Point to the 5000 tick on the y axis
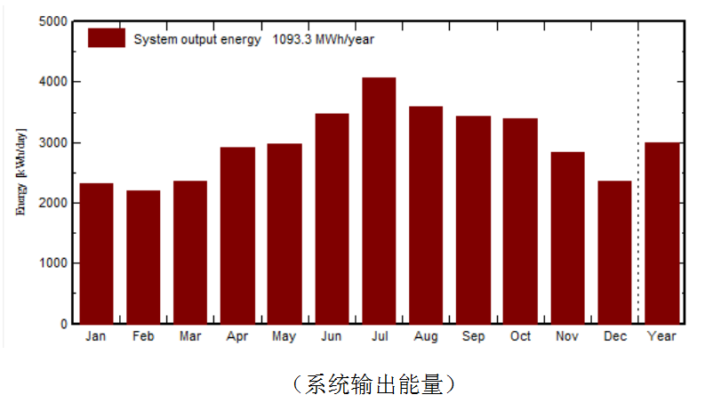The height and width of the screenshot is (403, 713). click(x=52, y=21)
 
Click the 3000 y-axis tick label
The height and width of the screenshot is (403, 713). click(x=52, y=142)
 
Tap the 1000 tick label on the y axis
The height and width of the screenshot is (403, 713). click(x=52, y=263)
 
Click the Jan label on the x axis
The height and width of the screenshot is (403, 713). click(x=96, y=336)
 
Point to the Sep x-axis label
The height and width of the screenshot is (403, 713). click(x=473, y=336)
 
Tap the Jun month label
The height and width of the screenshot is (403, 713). click(x=332, y=336)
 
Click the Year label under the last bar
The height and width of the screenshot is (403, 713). click(x=662, y=336)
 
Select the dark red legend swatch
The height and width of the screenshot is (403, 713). click(x=107, y=38)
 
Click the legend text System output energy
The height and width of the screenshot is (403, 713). click(x=197, y=39)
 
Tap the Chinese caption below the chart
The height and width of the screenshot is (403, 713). click(x=375, y=383)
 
